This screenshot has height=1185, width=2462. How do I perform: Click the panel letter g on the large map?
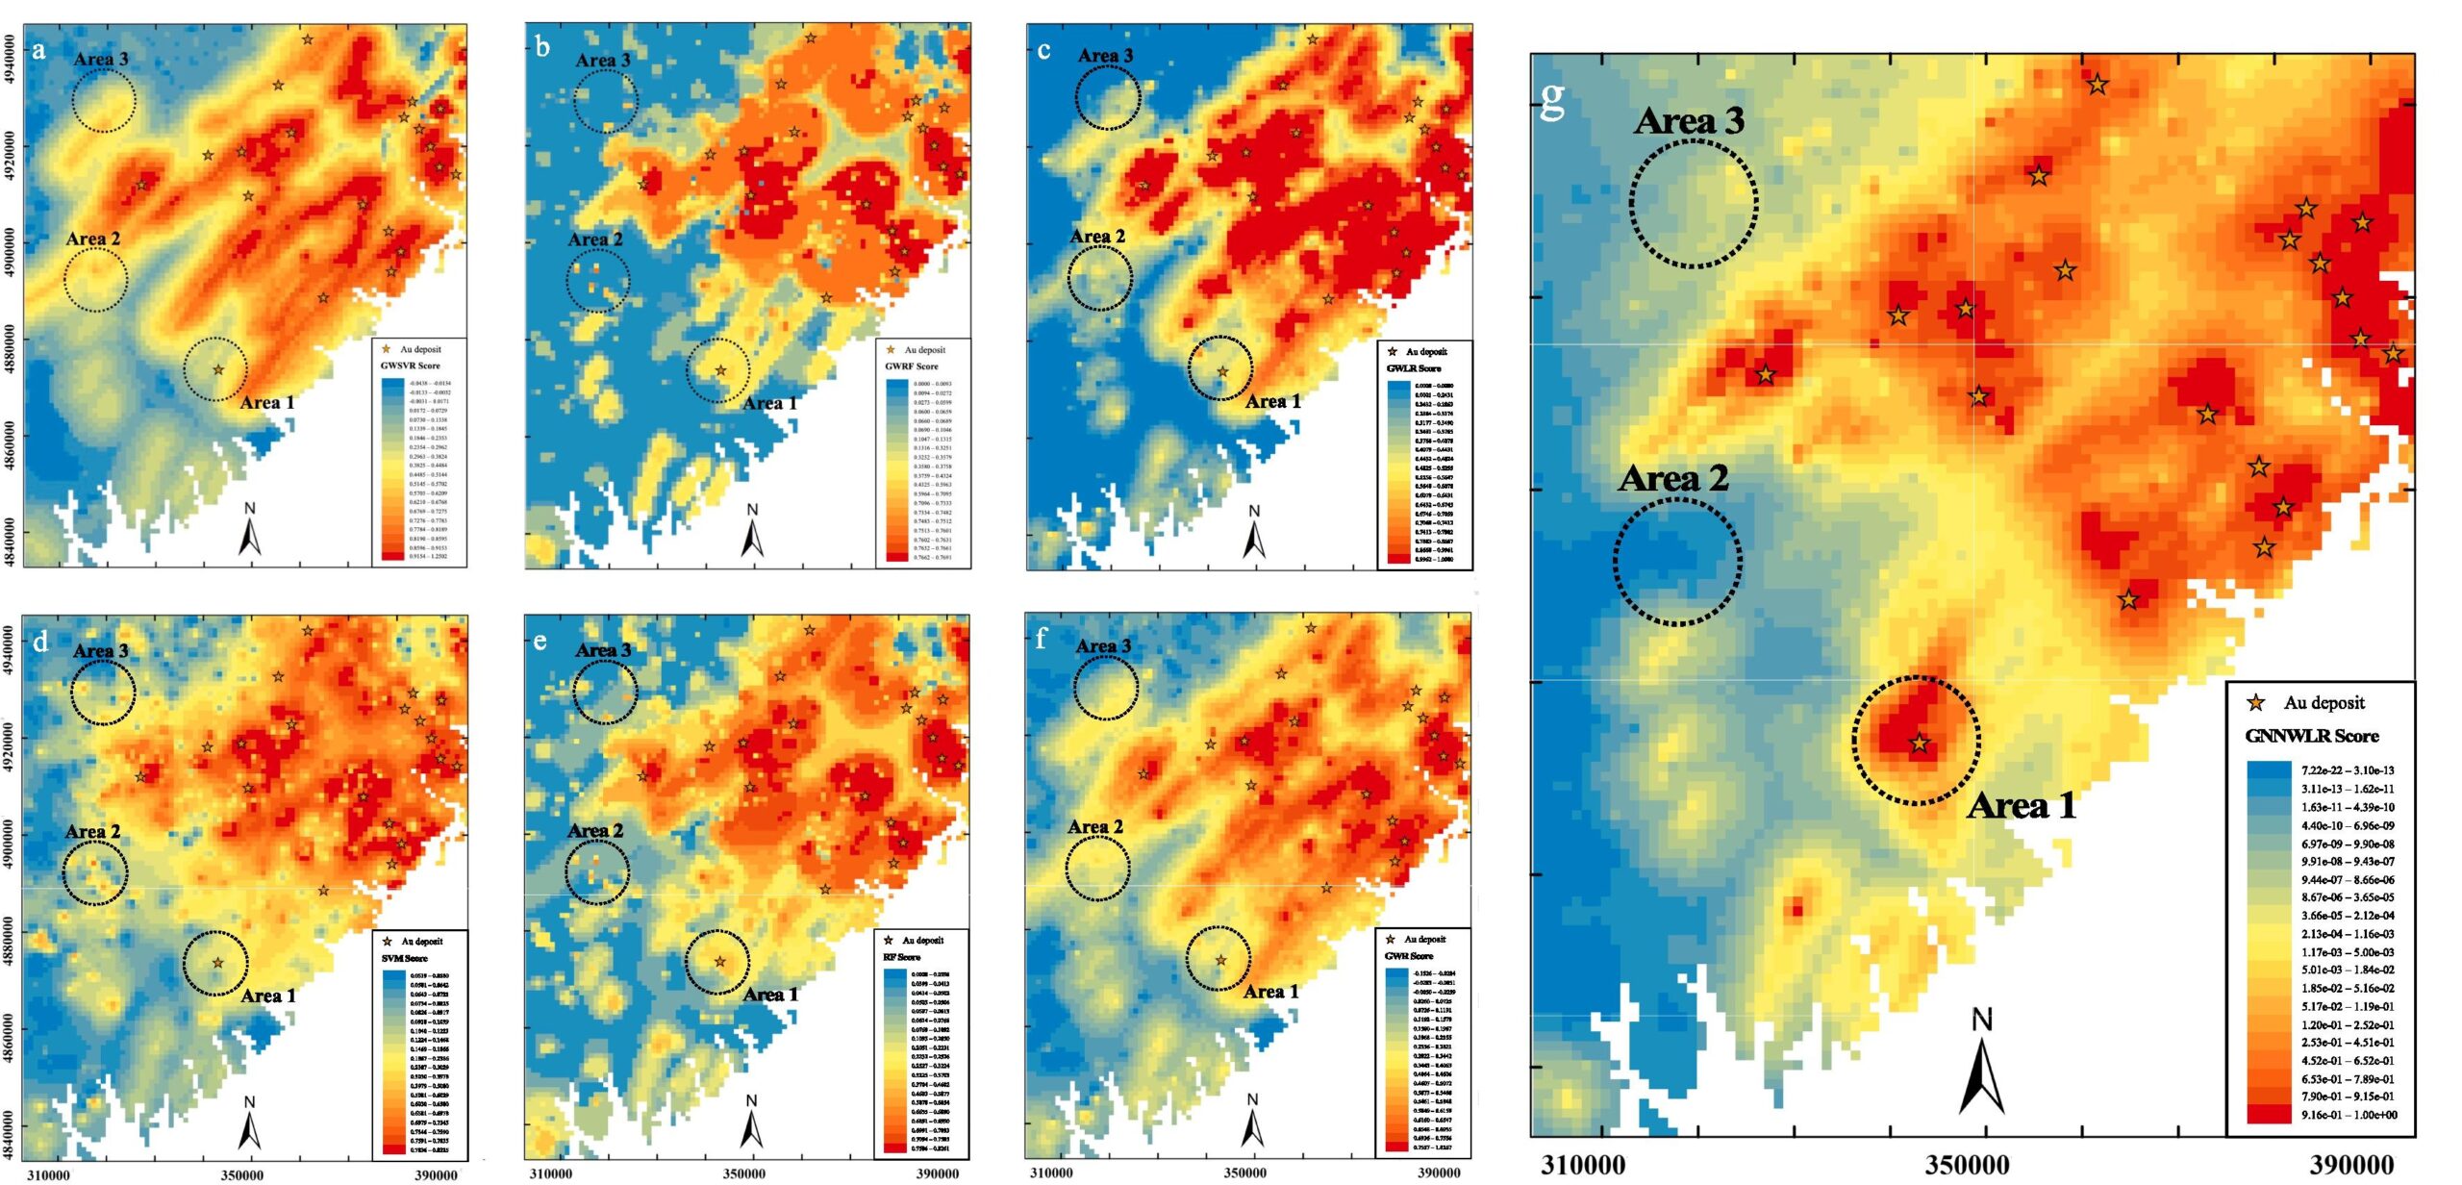point(1552,99)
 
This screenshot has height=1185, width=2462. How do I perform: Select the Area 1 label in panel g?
point(2022,806)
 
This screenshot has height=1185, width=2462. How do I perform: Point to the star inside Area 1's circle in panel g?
point(1920,743)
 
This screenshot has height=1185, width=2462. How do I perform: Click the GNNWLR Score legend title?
point(2311,737)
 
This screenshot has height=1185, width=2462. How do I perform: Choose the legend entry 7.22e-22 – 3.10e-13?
point(2348,770)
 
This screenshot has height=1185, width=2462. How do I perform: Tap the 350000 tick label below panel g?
point(1967,1165)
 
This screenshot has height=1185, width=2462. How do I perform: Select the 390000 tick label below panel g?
point(2350,1165)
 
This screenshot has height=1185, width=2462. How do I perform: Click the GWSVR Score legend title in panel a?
point(410,366)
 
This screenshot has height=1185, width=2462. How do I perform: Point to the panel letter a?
point(38,50)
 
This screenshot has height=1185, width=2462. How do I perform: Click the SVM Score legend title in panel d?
point(404,958)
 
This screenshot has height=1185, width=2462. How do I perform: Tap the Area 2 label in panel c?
point(1097,237)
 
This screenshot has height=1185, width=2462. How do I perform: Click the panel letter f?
point(1041,639)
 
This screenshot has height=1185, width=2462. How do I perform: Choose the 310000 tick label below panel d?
point(48,1174)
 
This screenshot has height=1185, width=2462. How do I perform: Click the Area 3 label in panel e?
point(603,650)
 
